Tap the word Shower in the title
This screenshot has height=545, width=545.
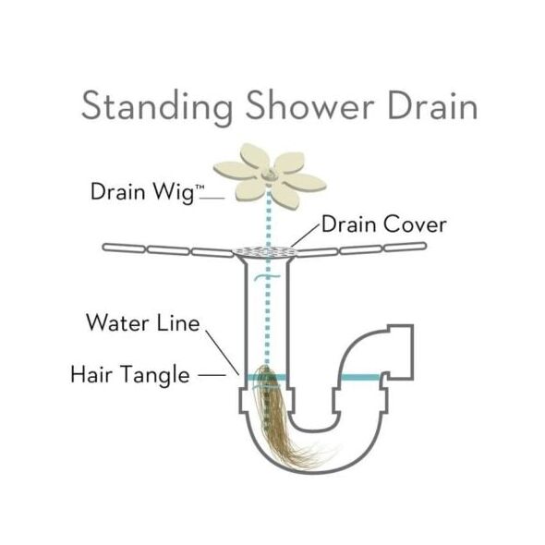pyautogui.click(x=310, y=104)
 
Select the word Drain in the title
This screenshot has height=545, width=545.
pyautogui.click(x=432, y=105)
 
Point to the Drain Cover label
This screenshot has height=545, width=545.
pyautogui.click(x=383, y=224)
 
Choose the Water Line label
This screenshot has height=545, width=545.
pyautogui.click(x=143, y=323)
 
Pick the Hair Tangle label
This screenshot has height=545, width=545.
pyautogui.click(x=130, y=375)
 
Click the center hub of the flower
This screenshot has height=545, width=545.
pyautogui.click(x=268, y=174)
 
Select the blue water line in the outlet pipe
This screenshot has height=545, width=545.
pyautogui.click(x=361, y=378)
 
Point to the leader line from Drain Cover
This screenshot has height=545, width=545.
pyautogui.click(x=306, y=236)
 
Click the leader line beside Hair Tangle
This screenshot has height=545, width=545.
pyautogui.click(x=212, y=375)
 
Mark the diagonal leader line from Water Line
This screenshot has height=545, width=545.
pyautogui.click(x=222, y=353)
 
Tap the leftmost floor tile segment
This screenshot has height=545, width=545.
pyautogui.click(x=124, y=248)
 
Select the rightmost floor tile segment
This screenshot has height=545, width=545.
pyautogui.click(x=405, y=247)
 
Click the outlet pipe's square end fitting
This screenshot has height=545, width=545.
pyautogui.click(x=400, y=352)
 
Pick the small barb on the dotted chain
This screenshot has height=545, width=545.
pyautogui.click(x=267, y=277)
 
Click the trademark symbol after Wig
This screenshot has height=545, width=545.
pyautogui.click(x=200, y=188)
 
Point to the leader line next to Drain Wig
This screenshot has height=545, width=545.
pyautogui.click(x=212, y=199)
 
